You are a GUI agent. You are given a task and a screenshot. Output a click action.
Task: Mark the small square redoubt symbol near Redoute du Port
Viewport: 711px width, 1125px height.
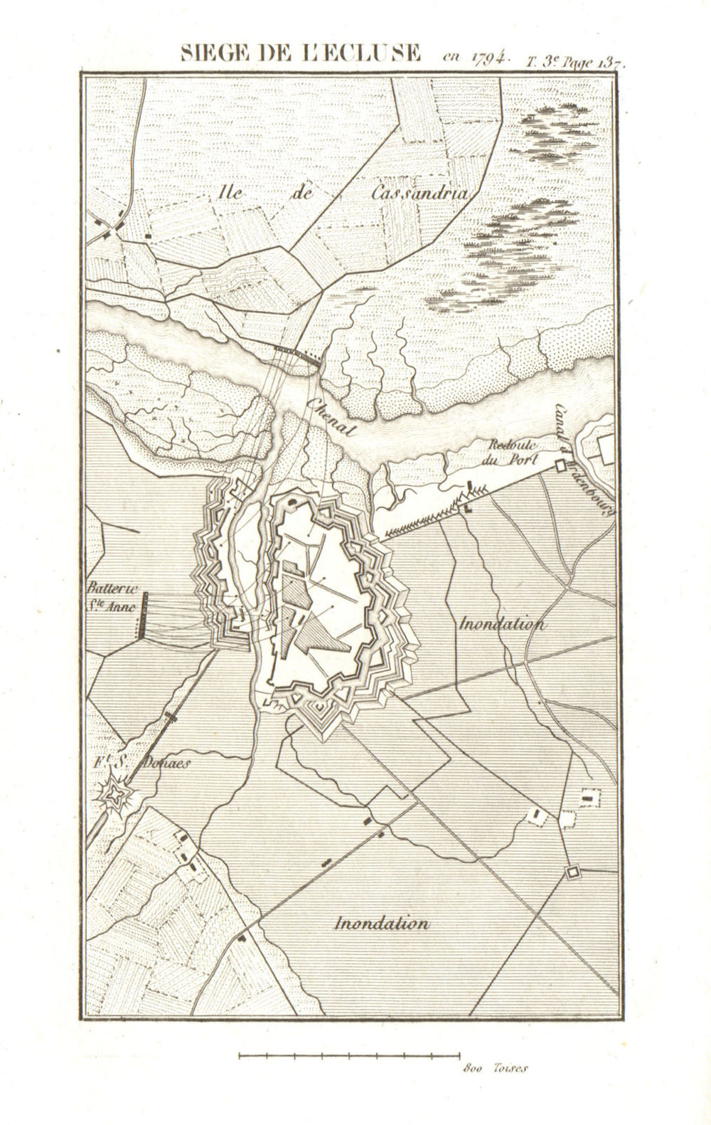tap(560, 466)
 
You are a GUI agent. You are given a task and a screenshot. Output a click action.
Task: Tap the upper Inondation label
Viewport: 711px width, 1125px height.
tap(503, 624)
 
